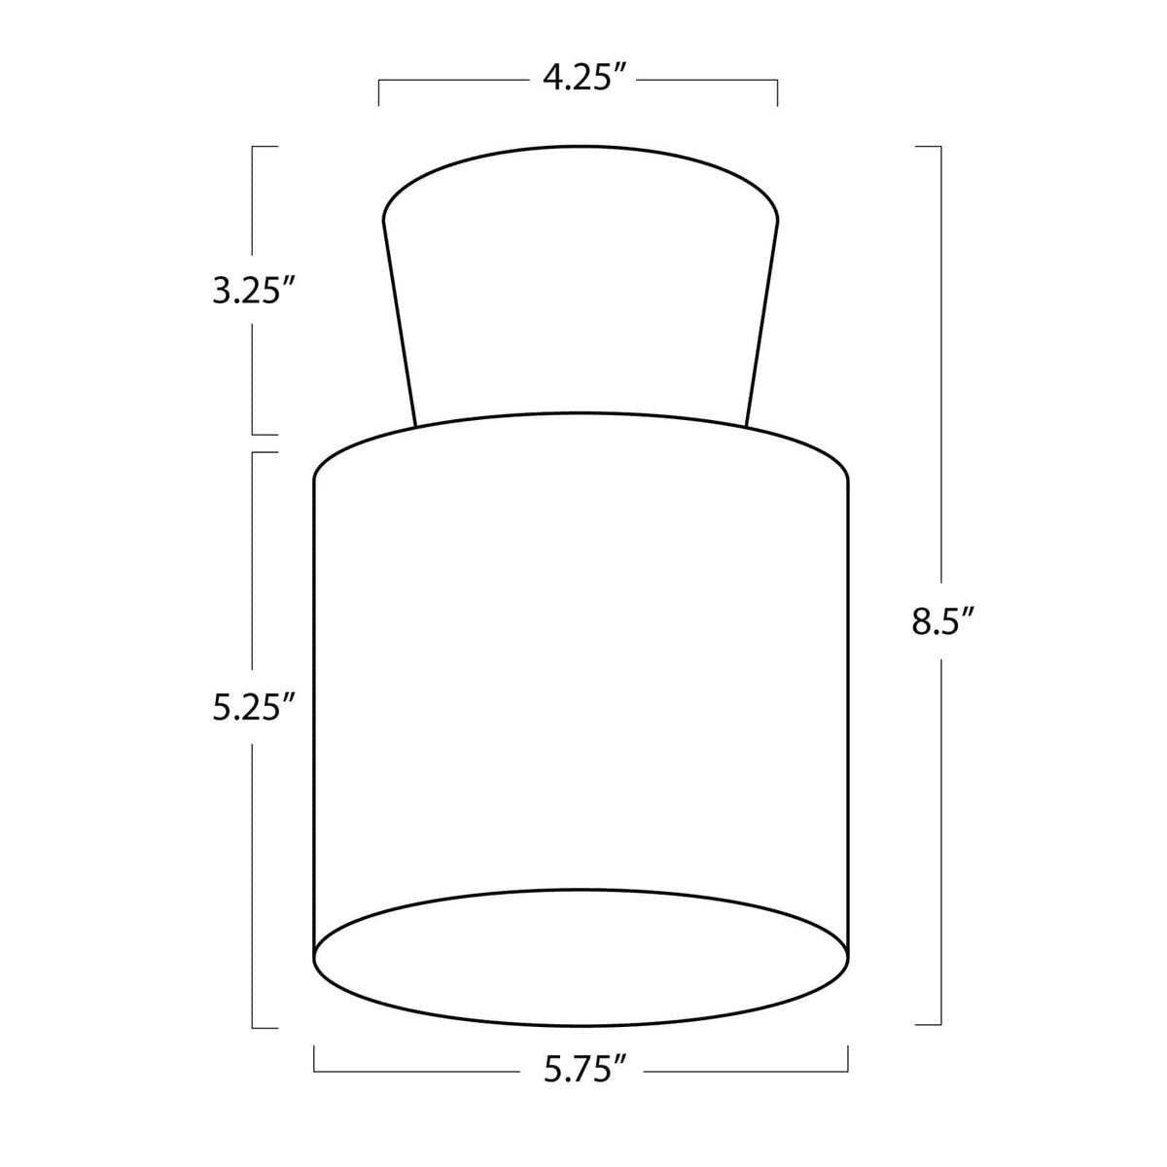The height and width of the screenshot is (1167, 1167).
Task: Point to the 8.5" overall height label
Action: click(942, 619)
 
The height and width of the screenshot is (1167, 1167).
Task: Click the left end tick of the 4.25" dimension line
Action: click(378, 92)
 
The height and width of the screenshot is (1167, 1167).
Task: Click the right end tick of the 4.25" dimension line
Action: click(777, 92)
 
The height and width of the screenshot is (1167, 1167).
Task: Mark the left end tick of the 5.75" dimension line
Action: click(314, 1058)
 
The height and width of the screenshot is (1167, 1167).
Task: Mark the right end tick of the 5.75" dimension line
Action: click(849, 1058)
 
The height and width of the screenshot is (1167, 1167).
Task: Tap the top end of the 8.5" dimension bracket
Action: click(929, 146)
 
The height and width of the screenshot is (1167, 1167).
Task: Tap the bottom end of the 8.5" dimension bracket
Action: click(929, 1024)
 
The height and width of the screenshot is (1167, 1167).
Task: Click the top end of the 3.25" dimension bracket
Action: click(265, 146)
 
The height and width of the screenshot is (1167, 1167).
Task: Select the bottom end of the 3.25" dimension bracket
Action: click(265, 434)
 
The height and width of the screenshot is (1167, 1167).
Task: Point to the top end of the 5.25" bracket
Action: click(265, 452)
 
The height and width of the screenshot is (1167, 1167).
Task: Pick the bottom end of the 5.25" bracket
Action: click(265, 1027)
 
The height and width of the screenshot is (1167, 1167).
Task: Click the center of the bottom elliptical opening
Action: click(582, 957)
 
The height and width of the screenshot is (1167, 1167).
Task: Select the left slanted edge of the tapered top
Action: click(400, 321)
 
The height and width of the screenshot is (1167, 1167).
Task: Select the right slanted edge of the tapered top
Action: click(763, 321)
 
